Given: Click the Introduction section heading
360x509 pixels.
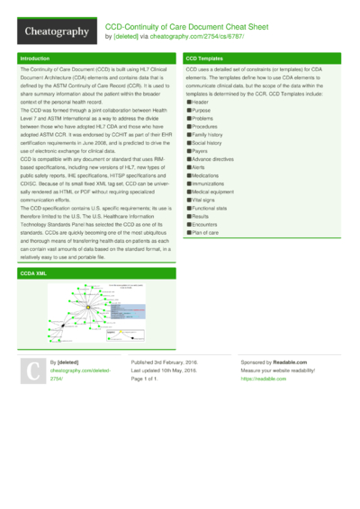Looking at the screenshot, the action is click(37, 58).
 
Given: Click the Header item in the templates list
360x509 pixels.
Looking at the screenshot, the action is click(199, 103).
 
